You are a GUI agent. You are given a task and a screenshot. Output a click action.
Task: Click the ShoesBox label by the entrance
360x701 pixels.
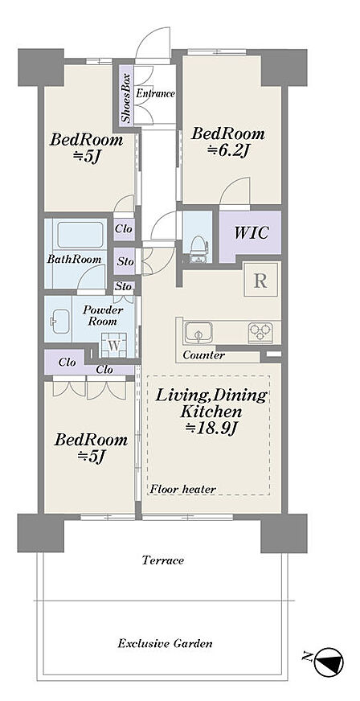coord(126,96)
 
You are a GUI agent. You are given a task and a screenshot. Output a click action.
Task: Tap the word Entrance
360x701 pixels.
coord(155,93)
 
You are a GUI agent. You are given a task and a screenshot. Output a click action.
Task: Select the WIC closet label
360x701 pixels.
coord(252,232)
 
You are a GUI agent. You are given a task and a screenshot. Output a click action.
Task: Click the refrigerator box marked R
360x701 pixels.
coord(261,281)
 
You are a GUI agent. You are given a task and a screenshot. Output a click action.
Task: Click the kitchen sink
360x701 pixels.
coord(198,333)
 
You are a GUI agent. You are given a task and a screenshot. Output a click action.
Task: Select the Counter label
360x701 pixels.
coord(203,356)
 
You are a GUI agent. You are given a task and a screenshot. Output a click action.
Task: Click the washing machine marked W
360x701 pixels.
coord(114,346)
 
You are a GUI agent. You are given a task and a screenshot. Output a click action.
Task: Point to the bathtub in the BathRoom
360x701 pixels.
coord(80,236)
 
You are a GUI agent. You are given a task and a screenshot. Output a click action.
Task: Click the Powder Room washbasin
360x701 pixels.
coord(59,320)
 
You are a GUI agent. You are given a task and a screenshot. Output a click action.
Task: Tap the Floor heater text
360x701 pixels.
coord(182,489)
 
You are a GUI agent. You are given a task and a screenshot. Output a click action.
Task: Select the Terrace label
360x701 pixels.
coord(162,560)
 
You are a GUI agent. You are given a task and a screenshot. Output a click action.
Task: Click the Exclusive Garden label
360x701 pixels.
coord(165,644)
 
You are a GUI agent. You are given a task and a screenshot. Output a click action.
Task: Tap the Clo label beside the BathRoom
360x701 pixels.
coord(124,229)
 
